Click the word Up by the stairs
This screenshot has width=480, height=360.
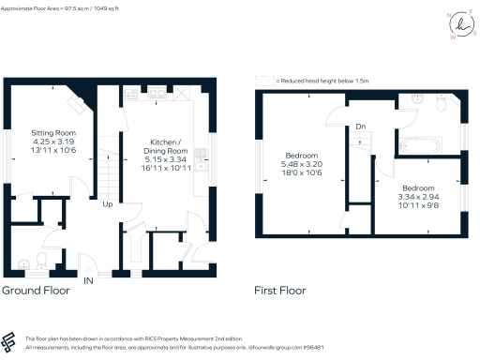[109, 203]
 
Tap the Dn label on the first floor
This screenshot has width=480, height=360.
[359, 127]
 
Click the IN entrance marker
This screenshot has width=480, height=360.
[88, 280]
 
